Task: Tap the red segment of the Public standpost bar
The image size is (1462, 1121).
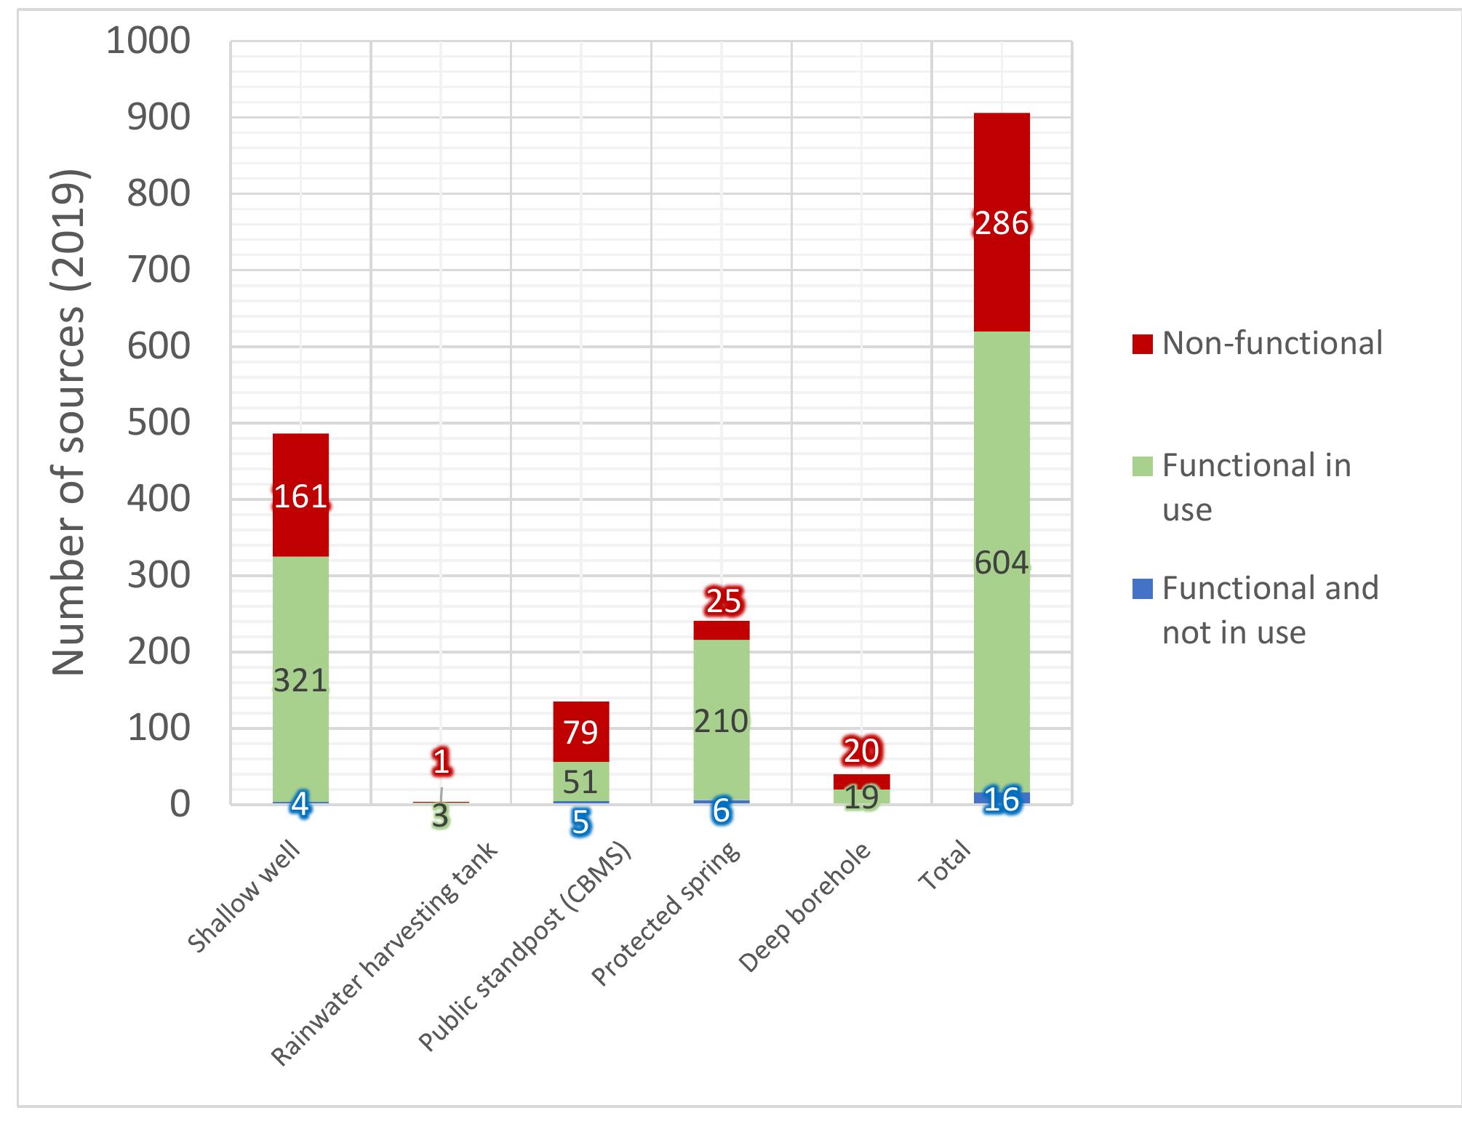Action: tap(580, 731)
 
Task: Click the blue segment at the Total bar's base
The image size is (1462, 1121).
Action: tap(1002, 798)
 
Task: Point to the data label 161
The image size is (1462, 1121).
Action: tap(300, 497)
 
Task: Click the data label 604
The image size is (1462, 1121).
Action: tap(1002, 563)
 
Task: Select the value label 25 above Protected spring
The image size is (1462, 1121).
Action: tap(723, 601)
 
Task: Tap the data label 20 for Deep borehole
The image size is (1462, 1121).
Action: tap(861, 751)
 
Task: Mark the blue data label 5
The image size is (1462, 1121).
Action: tap(580, 822)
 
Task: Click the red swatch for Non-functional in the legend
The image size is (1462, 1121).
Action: tap(1142, 344)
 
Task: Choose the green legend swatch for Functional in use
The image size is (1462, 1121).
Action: tap(1142, 466)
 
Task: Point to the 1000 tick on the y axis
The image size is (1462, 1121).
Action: tap(148, 41)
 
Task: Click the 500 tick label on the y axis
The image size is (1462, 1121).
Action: tap(159, 423)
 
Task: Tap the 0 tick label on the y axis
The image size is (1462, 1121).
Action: tap(180, 805)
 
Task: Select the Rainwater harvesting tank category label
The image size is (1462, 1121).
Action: tap(386, 952)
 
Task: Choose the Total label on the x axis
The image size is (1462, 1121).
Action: tap(945, 864)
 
